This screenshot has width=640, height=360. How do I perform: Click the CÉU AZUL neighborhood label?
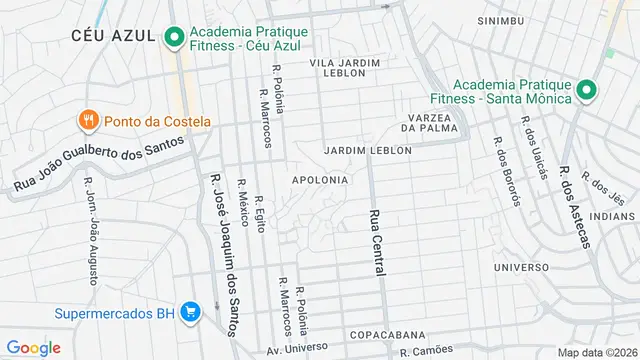113,35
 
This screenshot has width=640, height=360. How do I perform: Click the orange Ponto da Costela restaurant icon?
89,121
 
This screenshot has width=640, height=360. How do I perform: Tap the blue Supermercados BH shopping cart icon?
190,312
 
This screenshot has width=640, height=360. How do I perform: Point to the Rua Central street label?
377,243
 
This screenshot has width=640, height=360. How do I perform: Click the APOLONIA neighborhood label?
320,180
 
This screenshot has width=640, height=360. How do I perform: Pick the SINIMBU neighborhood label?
501,20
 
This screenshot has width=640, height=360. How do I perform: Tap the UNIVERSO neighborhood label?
521,267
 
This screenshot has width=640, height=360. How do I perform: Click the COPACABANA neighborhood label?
388,335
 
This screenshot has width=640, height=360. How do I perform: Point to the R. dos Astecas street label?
581,207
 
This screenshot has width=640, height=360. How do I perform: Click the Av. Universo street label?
298,351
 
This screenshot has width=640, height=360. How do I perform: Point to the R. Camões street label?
432,352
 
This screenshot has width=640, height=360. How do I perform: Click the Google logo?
33,347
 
